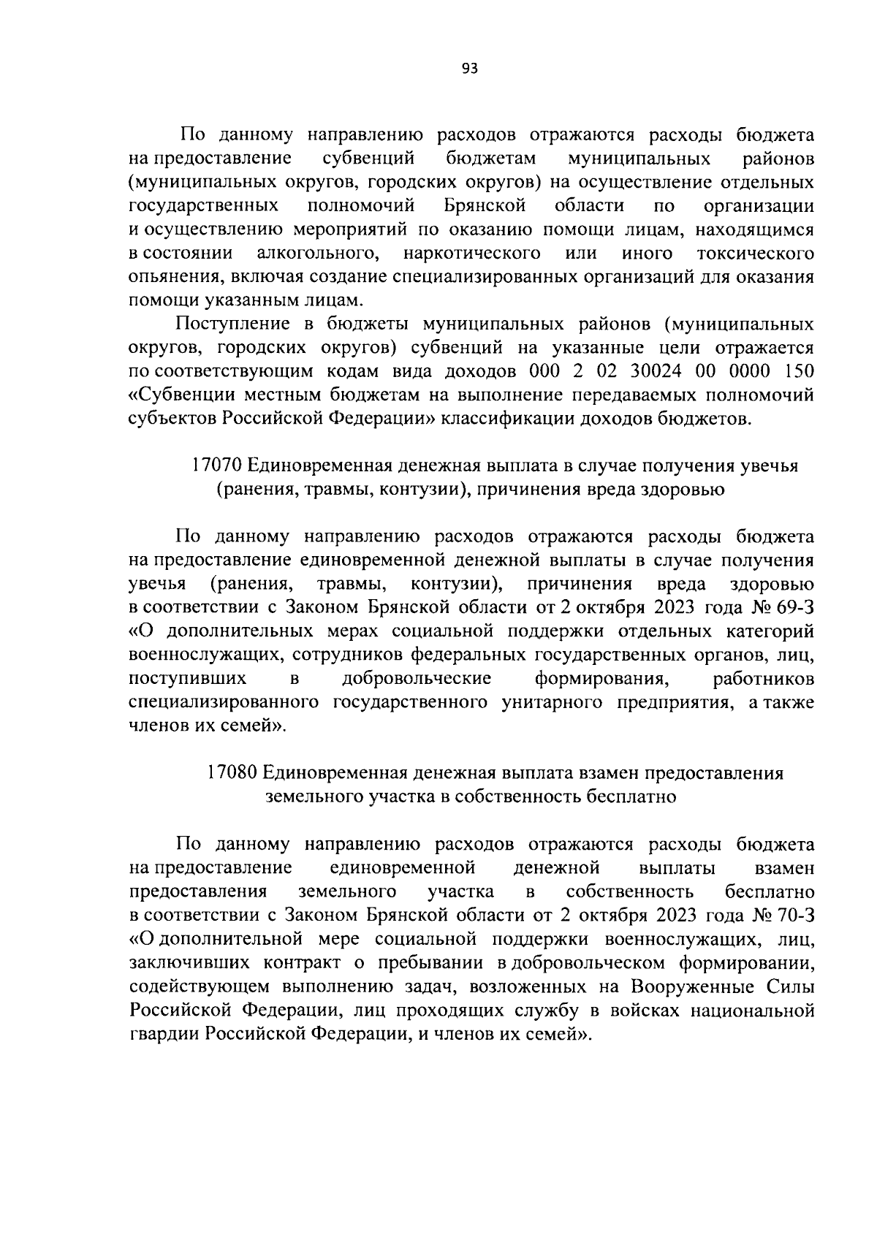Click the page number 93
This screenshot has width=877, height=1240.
tap(470, 69)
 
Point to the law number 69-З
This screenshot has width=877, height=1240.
tap(794, 607)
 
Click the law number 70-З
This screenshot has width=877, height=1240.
tap(794, 916)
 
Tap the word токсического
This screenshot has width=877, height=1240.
tap(756, 254)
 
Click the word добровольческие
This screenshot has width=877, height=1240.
tap(417, 678)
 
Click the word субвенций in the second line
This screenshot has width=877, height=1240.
tap(368, 159)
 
